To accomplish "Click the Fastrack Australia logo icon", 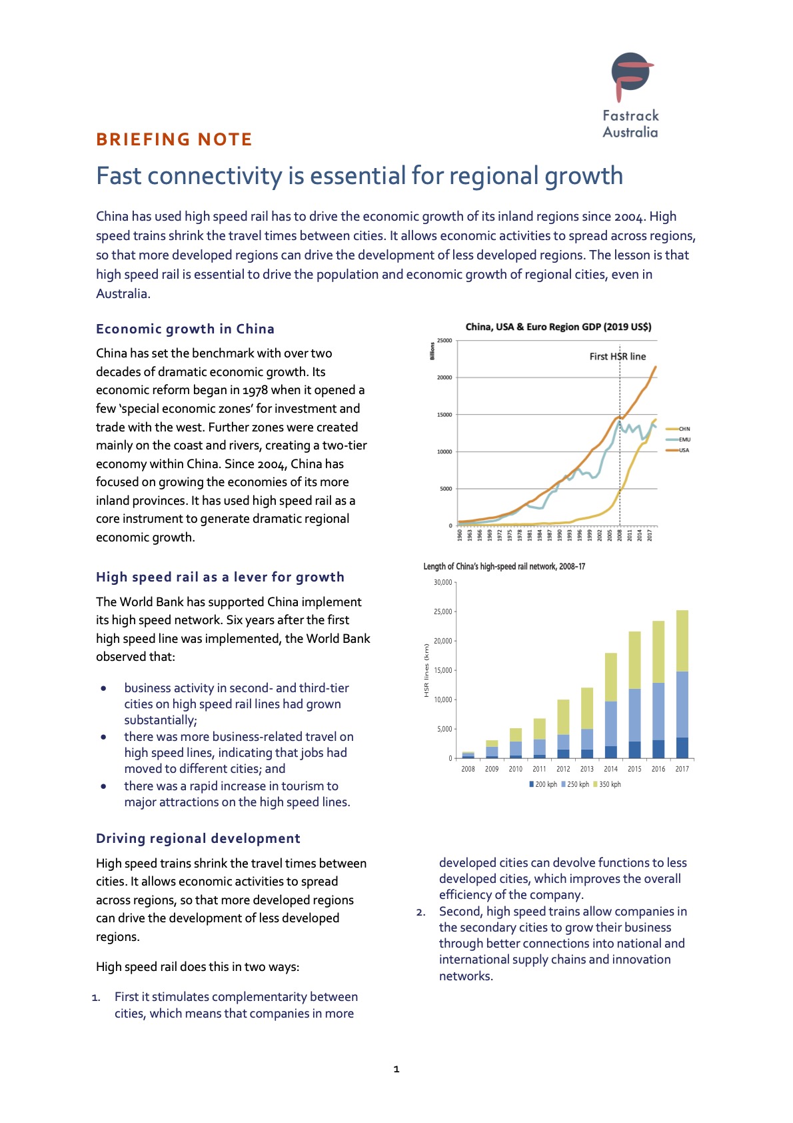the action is tap(631, 76).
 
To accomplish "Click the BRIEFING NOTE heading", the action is tap(174, 139).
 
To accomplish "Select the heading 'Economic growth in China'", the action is tap(185, 329).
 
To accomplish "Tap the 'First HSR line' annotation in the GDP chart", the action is tap(617, 357).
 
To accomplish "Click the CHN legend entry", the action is tap(678, 429).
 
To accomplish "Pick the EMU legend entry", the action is tap(678, 439).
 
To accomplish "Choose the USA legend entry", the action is tap(678, 450).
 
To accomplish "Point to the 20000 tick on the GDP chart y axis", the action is tap(444, 377).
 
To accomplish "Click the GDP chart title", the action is tap(558, 327).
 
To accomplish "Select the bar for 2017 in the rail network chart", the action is tap(682, 684).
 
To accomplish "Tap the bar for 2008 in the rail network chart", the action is tap(468, 755).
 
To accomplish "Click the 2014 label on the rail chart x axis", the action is tap(610, 768).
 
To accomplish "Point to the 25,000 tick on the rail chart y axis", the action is tap(443, 612).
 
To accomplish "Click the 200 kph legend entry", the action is tap(543, 784).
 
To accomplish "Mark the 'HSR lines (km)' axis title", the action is tap(426, 670).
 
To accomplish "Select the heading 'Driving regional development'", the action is tap(199, 838).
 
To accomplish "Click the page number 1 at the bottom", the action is tap(396, 1069).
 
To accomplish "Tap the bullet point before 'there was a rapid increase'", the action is tap(103, 786).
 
